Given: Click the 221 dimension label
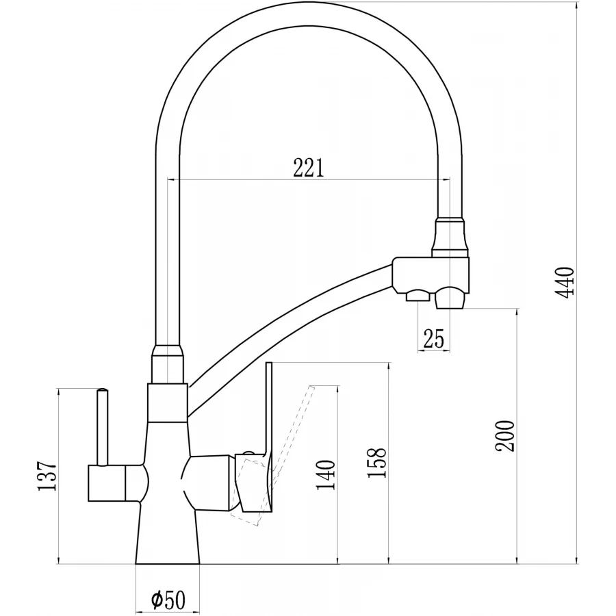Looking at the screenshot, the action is tap(309, 168).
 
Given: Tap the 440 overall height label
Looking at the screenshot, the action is tap(566, 282).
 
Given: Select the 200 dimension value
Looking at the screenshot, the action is tap(505, 436).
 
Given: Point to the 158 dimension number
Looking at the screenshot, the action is tap(376, 463).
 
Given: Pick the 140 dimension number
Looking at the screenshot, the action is tap(326, 475).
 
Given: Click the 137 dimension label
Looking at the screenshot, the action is tap(47, 476).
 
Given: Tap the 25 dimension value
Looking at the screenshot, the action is tap(433, 338).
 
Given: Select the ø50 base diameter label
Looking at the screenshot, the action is tap(168, 599).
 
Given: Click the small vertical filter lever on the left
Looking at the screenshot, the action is tap(102, 427).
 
